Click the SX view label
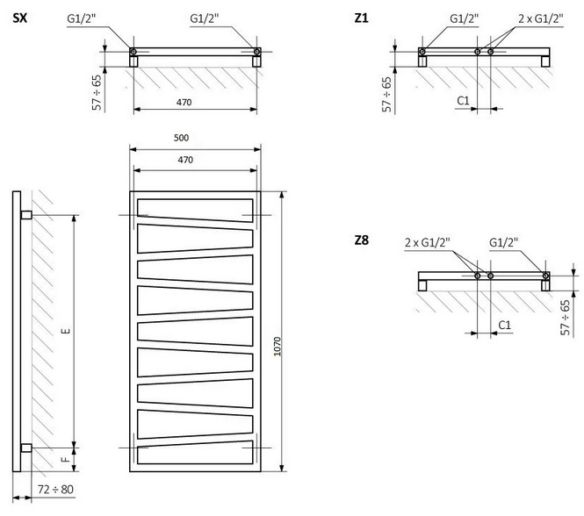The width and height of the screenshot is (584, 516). [x=19, y=18]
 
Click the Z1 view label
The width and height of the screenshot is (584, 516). [x=361, y=18]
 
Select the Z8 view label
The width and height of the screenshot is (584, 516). [x=361, y=240]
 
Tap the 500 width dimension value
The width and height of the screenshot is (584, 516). [x=182, y=138]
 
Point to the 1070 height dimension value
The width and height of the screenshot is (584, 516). [x=278, y=347]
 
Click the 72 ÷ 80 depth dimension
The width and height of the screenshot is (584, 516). [x=55, y=489]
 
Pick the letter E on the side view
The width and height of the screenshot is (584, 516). [x=67, y=331]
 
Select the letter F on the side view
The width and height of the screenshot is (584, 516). [x=66, y=460]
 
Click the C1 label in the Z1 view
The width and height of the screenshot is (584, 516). [x=463, y=101]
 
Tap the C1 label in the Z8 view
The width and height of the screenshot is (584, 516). [x=505, y=325]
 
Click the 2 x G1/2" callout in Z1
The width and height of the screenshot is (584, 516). [x=541, y=18]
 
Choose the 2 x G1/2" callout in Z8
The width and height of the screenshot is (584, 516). [x=427, y=242]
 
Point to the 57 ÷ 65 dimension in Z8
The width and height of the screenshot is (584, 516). [x=566, y=318]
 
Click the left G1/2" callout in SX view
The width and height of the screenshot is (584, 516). [x=82, y=18]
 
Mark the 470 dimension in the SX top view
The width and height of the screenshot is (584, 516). [x=184, y=102]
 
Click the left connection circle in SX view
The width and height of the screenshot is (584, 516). [x=133, y=52]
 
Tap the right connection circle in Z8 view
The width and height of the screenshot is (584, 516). [x=545, y=276]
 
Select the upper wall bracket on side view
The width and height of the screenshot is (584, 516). [x=26, y=215]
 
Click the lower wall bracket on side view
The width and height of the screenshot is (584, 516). [x=26, y=448]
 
